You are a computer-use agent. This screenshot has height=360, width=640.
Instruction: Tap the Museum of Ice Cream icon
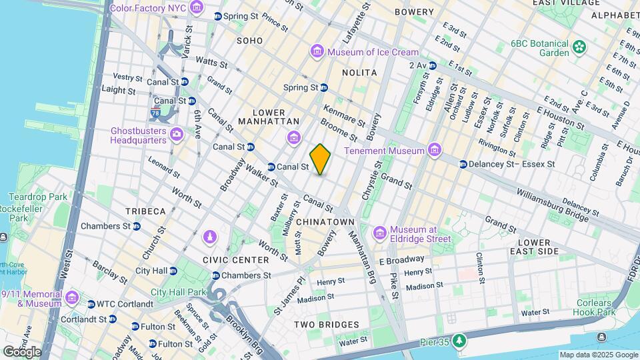pos(317,52)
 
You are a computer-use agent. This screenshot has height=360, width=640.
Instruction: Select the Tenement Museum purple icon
pos(435,151)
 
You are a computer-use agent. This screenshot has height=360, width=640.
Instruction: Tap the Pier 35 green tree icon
pos(459,342)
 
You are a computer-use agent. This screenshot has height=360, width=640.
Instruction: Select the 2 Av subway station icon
pos(433,65)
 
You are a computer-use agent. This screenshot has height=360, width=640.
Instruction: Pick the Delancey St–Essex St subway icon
pos(462,164)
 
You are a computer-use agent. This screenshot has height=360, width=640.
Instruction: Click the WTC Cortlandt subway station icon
pos(91,305)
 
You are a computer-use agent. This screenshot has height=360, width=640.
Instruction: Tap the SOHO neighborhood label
pos(249,41)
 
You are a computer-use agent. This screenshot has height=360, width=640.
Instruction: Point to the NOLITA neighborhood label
pos(359,72)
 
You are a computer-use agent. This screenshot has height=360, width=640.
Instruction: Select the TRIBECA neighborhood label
pos(145,211)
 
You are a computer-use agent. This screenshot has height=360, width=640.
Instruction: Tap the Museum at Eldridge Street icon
pos(380,233)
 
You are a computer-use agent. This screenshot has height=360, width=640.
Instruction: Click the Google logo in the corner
pos(21,351)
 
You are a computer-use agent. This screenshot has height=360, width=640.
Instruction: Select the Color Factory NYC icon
pos(196,8)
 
